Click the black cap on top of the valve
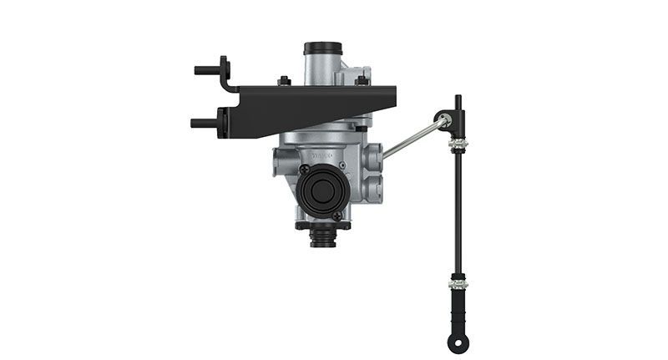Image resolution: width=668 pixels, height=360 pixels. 319,48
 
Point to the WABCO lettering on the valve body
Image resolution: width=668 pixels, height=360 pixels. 321,155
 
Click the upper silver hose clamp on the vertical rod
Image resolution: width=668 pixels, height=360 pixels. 458,149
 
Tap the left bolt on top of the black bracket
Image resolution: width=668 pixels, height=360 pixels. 284,81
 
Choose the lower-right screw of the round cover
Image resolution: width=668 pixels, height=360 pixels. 337,215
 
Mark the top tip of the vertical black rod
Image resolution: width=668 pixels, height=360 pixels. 458,99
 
